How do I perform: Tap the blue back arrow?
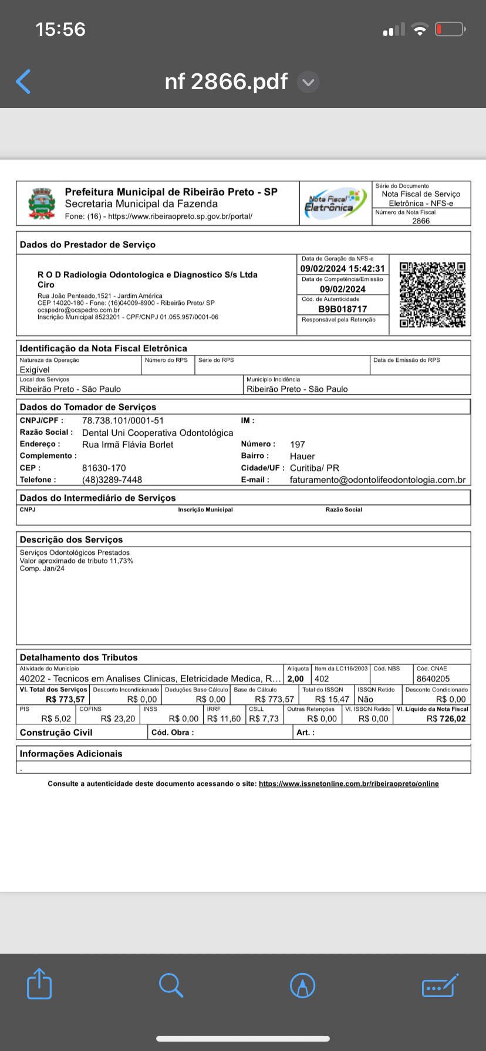click(23, 82)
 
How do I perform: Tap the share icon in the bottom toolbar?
click(39, 984)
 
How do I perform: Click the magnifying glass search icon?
click(171, 985)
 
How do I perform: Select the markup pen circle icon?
click(303, 985)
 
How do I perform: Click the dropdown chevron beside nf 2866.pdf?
click(308, 82)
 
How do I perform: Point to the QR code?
click(433, 294)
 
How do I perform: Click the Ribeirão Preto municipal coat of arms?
click(42, 204)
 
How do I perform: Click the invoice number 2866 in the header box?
click(421, 221)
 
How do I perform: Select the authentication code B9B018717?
click(343, 309)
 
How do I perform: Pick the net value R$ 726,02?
click(446, 718)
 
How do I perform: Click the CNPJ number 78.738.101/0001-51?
click(123, 421)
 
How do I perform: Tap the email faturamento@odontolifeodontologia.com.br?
click(377, 480)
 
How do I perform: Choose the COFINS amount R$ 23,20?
click(117, 718)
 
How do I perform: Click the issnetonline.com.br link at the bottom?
click(349, 784)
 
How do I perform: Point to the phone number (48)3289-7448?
click(112, 480)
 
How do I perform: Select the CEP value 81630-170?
click(104, 468)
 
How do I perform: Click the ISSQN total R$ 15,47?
click(332, 699)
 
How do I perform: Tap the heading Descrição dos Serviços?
click(71, 540)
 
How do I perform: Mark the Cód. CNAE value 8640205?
click(433, 679)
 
